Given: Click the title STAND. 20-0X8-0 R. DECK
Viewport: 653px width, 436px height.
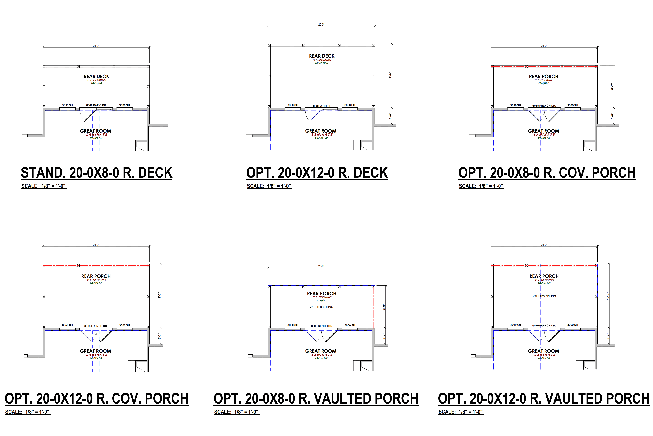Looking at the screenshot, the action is point(96,173).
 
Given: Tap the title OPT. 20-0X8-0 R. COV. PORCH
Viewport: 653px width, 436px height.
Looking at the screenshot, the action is point(547,173).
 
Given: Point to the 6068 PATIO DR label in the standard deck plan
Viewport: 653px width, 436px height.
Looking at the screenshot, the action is point(96,105).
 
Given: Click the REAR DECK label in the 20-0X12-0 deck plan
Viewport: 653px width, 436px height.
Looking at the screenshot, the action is point(322,56).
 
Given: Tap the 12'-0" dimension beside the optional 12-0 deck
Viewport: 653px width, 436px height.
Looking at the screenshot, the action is point(390,76).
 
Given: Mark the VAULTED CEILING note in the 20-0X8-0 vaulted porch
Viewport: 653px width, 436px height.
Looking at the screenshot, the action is point(321,307).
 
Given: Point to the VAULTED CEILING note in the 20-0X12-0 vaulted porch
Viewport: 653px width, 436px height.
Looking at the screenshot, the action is point(544,296).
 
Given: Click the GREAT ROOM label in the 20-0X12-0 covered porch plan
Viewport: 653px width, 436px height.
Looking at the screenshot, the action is point(95,351).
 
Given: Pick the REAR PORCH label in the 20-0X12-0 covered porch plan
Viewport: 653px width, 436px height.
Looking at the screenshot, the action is point(96,276).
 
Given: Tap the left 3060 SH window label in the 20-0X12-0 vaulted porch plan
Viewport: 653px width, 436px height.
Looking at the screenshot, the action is point(515,325).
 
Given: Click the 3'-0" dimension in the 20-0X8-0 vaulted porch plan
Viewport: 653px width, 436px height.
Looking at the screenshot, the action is point(384,336).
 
